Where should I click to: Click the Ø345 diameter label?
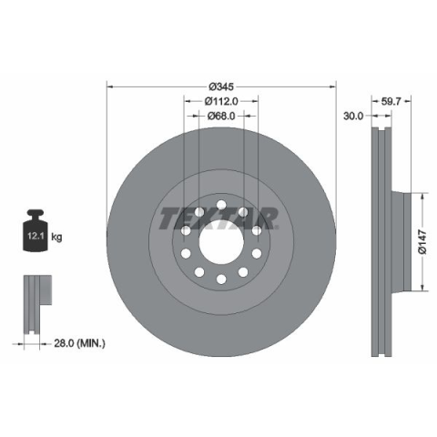tap(221, 86)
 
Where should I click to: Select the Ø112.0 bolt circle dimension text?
tap(221, 101)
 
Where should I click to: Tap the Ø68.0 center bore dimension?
tap(221, 116)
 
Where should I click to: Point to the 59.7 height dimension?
tap(391, 101)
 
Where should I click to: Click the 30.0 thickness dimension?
tap(353, 116)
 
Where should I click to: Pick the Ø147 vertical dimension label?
tap(422, 242)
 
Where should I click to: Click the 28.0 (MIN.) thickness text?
tap(80, 343)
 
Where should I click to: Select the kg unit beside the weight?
tap(56, 237)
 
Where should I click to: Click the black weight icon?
tap(36, 230)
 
